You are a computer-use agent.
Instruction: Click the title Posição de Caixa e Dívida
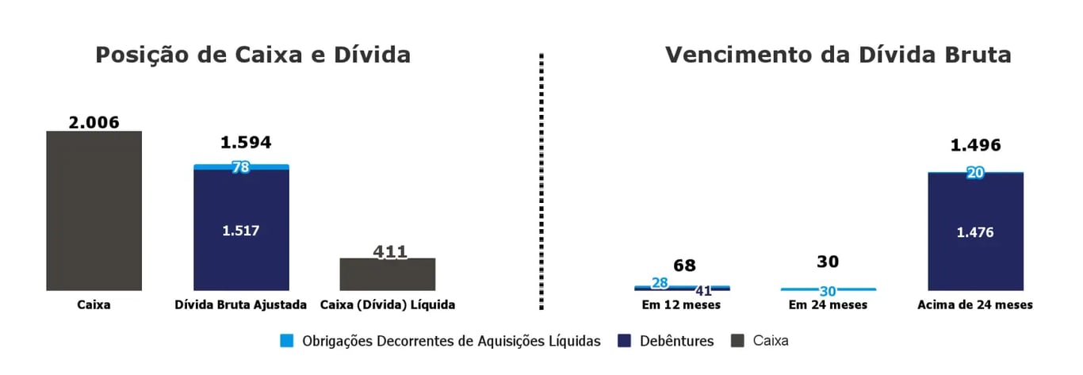click(x=253, y=55)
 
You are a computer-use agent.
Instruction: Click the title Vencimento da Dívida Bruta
click(x=838, y=55)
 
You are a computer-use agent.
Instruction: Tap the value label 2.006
click(x=94, y=122)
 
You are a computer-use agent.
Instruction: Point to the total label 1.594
click(x=246, y=143)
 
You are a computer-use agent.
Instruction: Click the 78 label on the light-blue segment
click(x=241, y=167)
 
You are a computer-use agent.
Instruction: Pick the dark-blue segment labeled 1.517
click(x=241, y=230)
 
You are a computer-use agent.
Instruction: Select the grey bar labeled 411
click(x=388, y=274)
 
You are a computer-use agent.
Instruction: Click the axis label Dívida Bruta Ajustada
click(x=241, y=304)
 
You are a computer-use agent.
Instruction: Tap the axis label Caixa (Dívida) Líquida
click(x=388, y=304)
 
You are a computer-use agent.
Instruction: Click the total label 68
click(x=684, y=266)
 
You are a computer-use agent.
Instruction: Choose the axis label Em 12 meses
click(x=683, y=304)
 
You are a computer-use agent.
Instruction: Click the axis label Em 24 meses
click(x=829, y=304)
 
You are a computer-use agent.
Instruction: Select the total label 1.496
click(x=975, y=145)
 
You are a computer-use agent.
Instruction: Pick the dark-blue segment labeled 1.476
click(x=975, y=232)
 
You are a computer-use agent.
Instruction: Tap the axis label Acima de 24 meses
click(x=975, y=304)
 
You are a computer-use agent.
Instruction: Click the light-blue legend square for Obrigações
click(x=287, y=341)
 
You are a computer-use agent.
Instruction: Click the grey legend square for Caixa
click(x=737, y=341)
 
